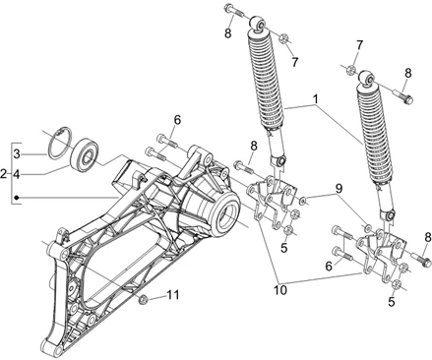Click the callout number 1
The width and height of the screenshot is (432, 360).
[x=316, y=98]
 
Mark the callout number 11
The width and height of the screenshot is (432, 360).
[x=173, y=295]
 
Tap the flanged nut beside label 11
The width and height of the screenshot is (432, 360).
[x=146, y=296]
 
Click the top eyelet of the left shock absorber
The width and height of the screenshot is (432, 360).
[x=258, y=23]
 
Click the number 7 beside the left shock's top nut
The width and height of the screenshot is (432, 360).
[x=293, y=62]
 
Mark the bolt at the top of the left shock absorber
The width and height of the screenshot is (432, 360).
[x=234, y=13]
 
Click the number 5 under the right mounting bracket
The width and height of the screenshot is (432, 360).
[x=392, y=303]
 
